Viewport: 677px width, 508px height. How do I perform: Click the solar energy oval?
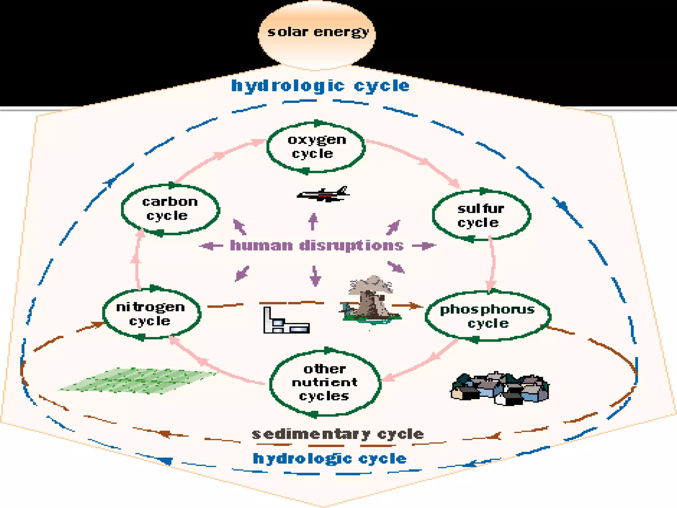pyautogui.click(x=317, y=33)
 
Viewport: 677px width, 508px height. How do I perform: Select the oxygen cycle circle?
pyautogui.click(x=316, y=147)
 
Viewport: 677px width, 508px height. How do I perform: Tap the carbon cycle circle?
pyautogui.click(x=170, y=209)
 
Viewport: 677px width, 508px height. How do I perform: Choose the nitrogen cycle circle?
pyautogui.click(x=151, y=314)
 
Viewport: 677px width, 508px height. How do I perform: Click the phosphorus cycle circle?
pyautogui.click(x=488, y=316)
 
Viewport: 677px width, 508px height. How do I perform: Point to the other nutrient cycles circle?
pyautogui.click(x=325, y=383)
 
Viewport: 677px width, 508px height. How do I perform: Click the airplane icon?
pyautogui.click(x=324, y=194)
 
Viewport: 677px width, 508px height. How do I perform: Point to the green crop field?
pyautogui.click(x=139, y=380)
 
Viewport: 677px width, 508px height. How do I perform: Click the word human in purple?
pyautogui.click(x=261, y=246)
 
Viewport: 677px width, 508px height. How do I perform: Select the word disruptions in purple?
pyautogui.click(x=351, y=246)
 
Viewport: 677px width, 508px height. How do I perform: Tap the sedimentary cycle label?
pyautogui.click(x=338, y=434)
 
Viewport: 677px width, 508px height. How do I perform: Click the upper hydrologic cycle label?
pyautogui.click(x=320, y=86)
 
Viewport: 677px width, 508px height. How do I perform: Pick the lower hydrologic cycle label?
pyautogui.click(x=330, y=459)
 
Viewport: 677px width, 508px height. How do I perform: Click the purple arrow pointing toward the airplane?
pyautogui.click(x=313, y=222)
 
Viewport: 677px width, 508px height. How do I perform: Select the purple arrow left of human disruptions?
pyautogui.click(x=211, y=246)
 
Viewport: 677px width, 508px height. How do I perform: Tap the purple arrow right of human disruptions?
pyautogui.click(x=424, y=246)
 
